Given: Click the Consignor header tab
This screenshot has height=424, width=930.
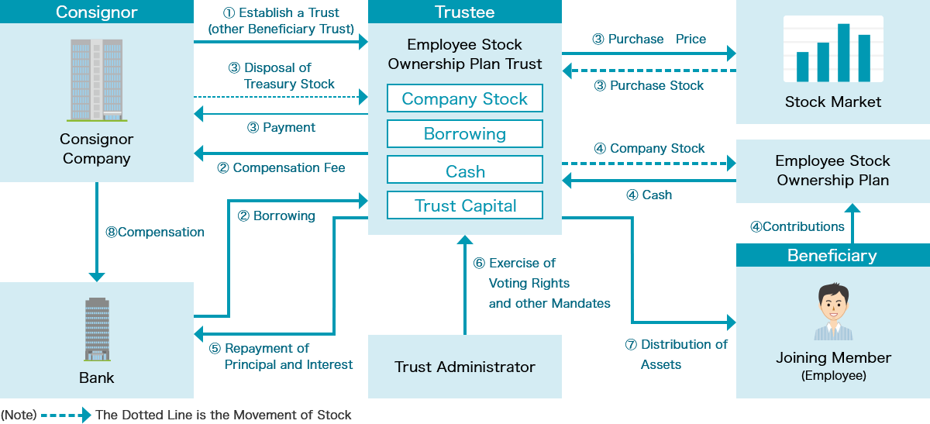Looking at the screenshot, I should coord(97,12).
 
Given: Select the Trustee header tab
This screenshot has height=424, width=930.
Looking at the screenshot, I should coord(465,12).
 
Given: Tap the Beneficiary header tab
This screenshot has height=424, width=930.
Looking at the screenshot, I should coord(832,255).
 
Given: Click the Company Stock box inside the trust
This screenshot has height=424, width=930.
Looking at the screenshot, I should coord(465,98).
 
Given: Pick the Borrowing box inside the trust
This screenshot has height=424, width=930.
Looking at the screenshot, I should coord(465,133).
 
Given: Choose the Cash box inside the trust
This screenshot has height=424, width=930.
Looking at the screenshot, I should coord(465,171).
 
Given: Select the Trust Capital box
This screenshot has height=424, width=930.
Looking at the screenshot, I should coord(465,205).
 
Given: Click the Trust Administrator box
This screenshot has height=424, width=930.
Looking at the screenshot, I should coord(465,367).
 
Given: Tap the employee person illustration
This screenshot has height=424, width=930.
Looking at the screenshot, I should coord(833,312).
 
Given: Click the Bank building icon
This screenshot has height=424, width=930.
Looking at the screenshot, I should coord(97,329).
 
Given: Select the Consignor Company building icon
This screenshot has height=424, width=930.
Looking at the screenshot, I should coord(97,81).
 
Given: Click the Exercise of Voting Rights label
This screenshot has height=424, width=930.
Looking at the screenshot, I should coord(549,283).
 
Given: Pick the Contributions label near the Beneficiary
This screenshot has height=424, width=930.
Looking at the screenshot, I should coord(797,226).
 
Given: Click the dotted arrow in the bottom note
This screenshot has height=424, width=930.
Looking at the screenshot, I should coord(66,415).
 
